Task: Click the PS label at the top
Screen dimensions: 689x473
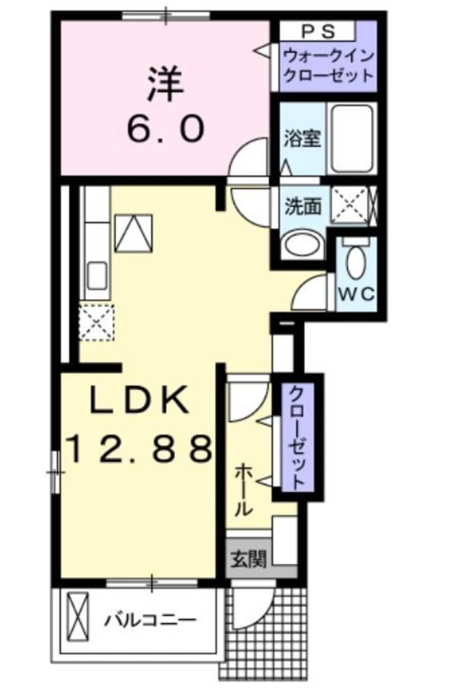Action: click(x=319, y=31)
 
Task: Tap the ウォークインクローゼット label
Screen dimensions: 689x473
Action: click(x=328, y=65)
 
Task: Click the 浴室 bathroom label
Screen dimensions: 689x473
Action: click(x=302, y=139)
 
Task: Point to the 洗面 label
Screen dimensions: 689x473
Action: click(x=304, y=207)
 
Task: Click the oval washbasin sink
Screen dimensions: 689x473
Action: click(x=302, y=246)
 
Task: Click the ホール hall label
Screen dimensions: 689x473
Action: click(x=244, y=490)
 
